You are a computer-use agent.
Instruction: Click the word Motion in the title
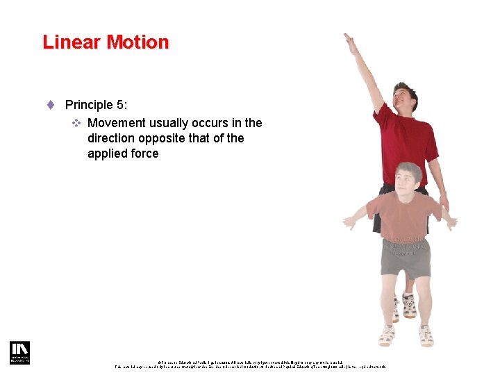coord(137,42)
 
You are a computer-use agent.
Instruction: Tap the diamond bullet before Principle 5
coord(51,105)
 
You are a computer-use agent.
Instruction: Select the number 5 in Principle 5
coord(119,105)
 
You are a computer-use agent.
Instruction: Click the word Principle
coord(88,105)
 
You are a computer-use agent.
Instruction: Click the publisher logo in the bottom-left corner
coord(19,352)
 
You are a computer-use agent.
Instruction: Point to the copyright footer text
coord(250,362)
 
